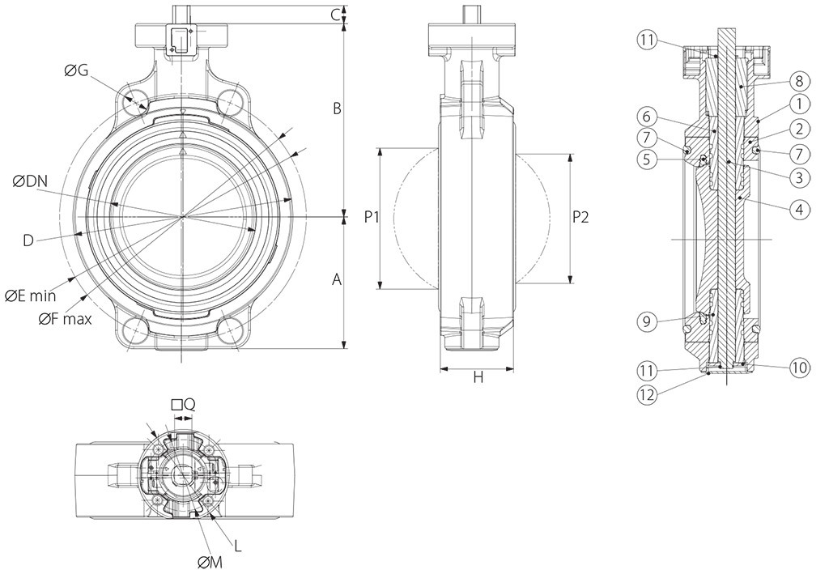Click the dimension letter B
point(338,108)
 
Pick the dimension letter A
point(338,279)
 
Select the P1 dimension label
point(372,217)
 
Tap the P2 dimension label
point(581,217)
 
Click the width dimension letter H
point(478,377)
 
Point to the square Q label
point(183,404)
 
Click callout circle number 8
point(798,80)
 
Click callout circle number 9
point(646,321)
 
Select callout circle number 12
point(646,396)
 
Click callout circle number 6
point(646,116)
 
